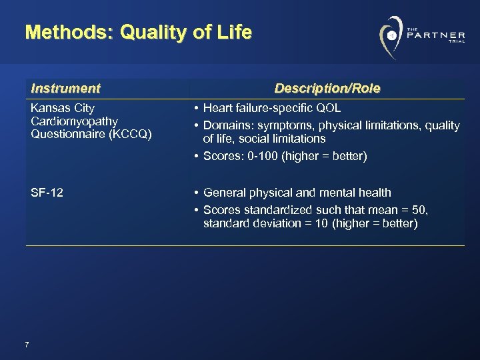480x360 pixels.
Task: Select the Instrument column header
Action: point(65,88)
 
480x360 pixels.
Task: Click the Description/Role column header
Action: point(327,88)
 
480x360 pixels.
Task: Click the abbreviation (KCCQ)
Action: point(126,134)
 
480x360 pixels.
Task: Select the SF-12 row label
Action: point(47,193)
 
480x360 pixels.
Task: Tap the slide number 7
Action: point(26,344)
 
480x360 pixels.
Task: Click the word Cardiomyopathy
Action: point(74,121)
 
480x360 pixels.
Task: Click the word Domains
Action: point(225,125)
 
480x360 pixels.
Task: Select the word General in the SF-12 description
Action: point(223,193)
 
